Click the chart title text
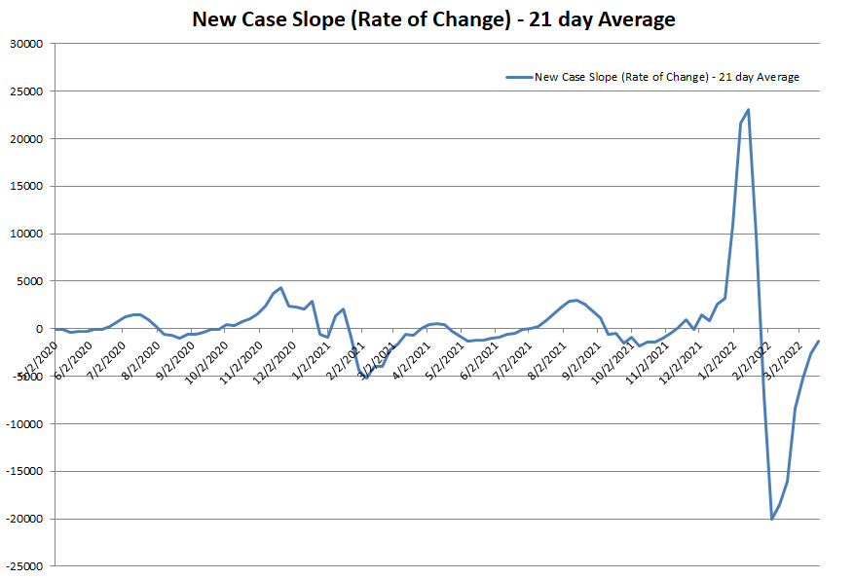[433, 19]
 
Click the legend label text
[667, 77]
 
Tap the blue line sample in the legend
[518, 77]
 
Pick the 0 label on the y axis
[40, 329]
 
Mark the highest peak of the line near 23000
[748, 110]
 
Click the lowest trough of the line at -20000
[771, 519]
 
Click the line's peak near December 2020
[280, 288]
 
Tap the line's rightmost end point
[818, 342]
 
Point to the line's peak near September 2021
[576, 300]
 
